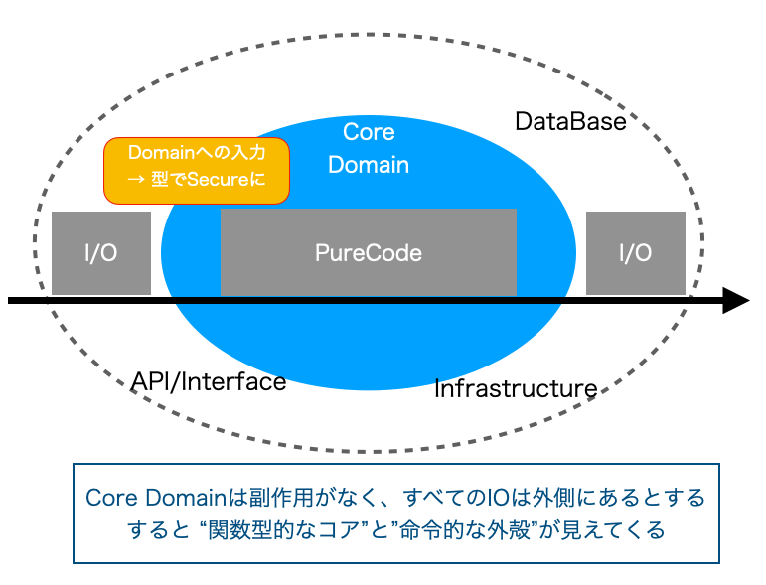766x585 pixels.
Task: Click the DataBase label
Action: tap(570, 121)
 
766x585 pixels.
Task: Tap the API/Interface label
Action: tap(209, 381)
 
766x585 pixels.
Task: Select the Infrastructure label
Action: tap(516, 389)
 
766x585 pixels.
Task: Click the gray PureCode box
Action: tap(369, 252)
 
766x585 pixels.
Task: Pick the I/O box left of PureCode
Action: tap(101, 253)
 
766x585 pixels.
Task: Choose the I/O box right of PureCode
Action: tap(636, 253)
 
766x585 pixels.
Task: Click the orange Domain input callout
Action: tap(197, 171)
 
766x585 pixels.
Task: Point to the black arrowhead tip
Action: tap(750, 300)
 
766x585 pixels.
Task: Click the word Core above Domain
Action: tap(369, 132)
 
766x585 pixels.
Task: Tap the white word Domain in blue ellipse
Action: tap(369, 165)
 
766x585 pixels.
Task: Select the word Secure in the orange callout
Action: tap(218, 180)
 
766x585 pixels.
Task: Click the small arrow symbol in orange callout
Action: tap(136, 180)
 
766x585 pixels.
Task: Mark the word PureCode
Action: tap(369, 253)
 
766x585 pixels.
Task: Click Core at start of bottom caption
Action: tap(111, 498)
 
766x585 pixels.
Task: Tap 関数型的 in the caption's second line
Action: tap(251, 530)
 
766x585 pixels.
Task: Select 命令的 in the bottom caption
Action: tap(431, 530)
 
